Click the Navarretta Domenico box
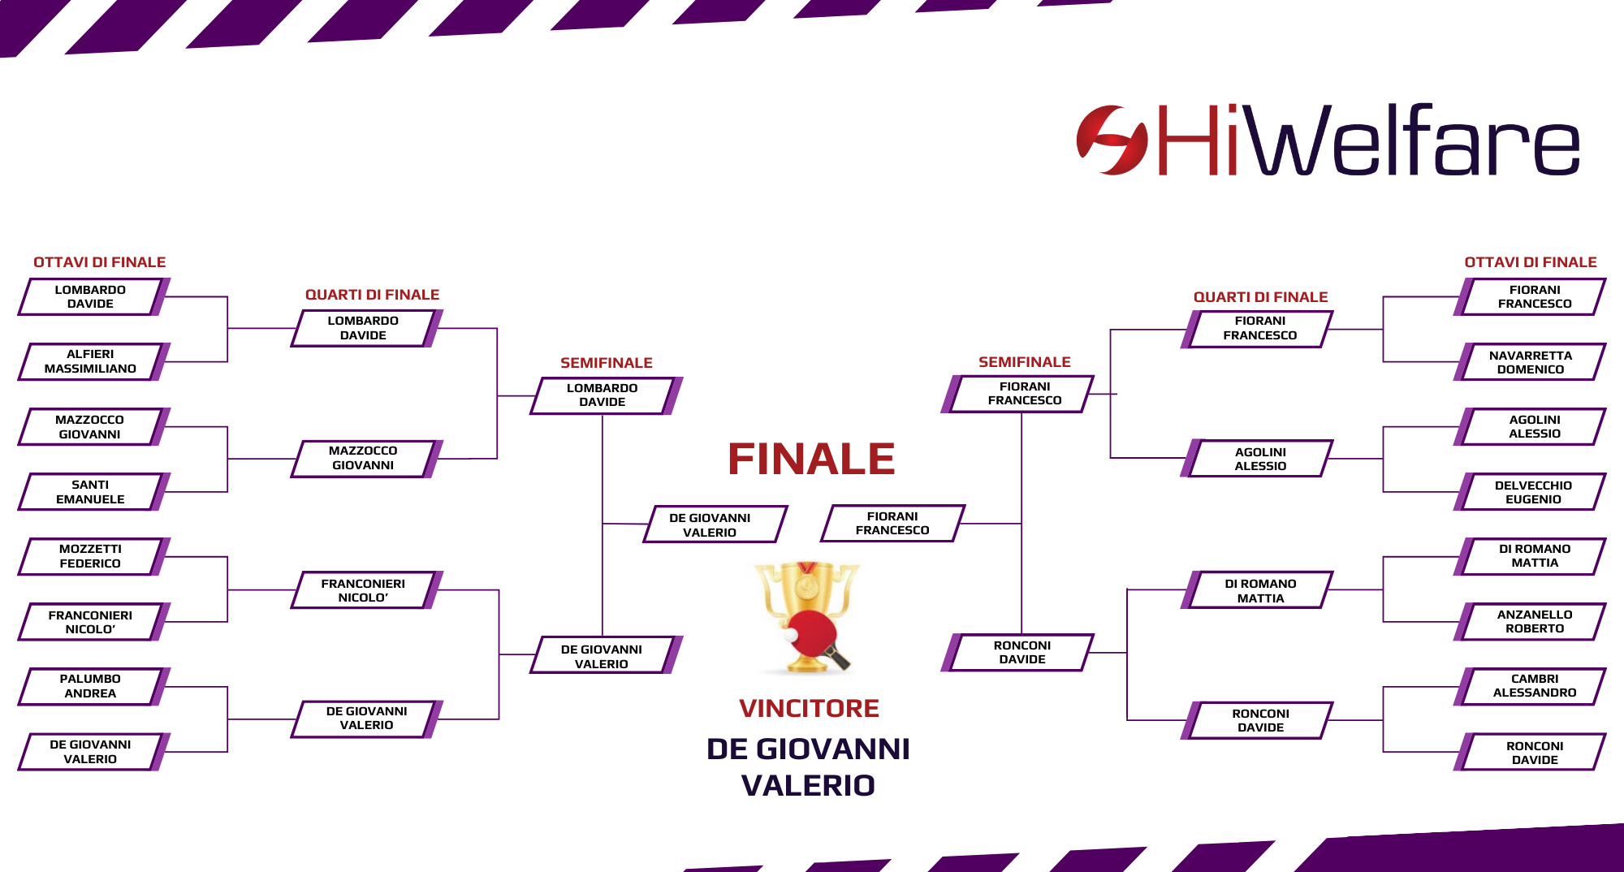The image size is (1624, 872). coord(1530,362)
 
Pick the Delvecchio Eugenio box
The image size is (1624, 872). coord(1530,492)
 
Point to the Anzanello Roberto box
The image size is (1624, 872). coord(1530,621)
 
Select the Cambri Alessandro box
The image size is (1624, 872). coord(1530,686)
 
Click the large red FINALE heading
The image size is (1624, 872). coord(811,459)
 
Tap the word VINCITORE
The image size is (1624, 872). coord(809,708)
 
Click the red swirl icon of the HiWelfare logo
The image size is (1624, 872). coord(1112,140)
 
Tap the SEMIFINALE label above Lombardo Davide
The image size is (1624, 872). coord(607,363)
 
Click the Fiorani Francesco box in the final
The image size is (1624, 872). coord(892,524)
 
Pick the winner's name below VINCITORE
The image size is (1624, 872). coord(809,767)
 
